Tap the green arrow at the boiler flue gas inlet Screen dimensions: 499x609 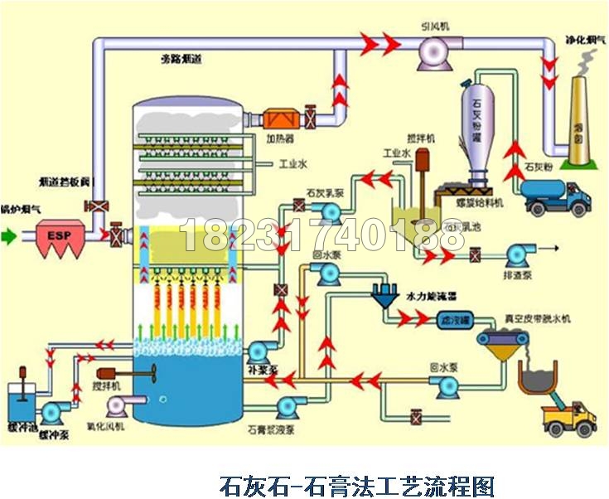9,236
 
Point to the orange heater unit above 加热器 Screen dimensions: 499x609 280,119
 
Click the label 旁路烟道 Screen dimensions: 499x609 182,60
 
